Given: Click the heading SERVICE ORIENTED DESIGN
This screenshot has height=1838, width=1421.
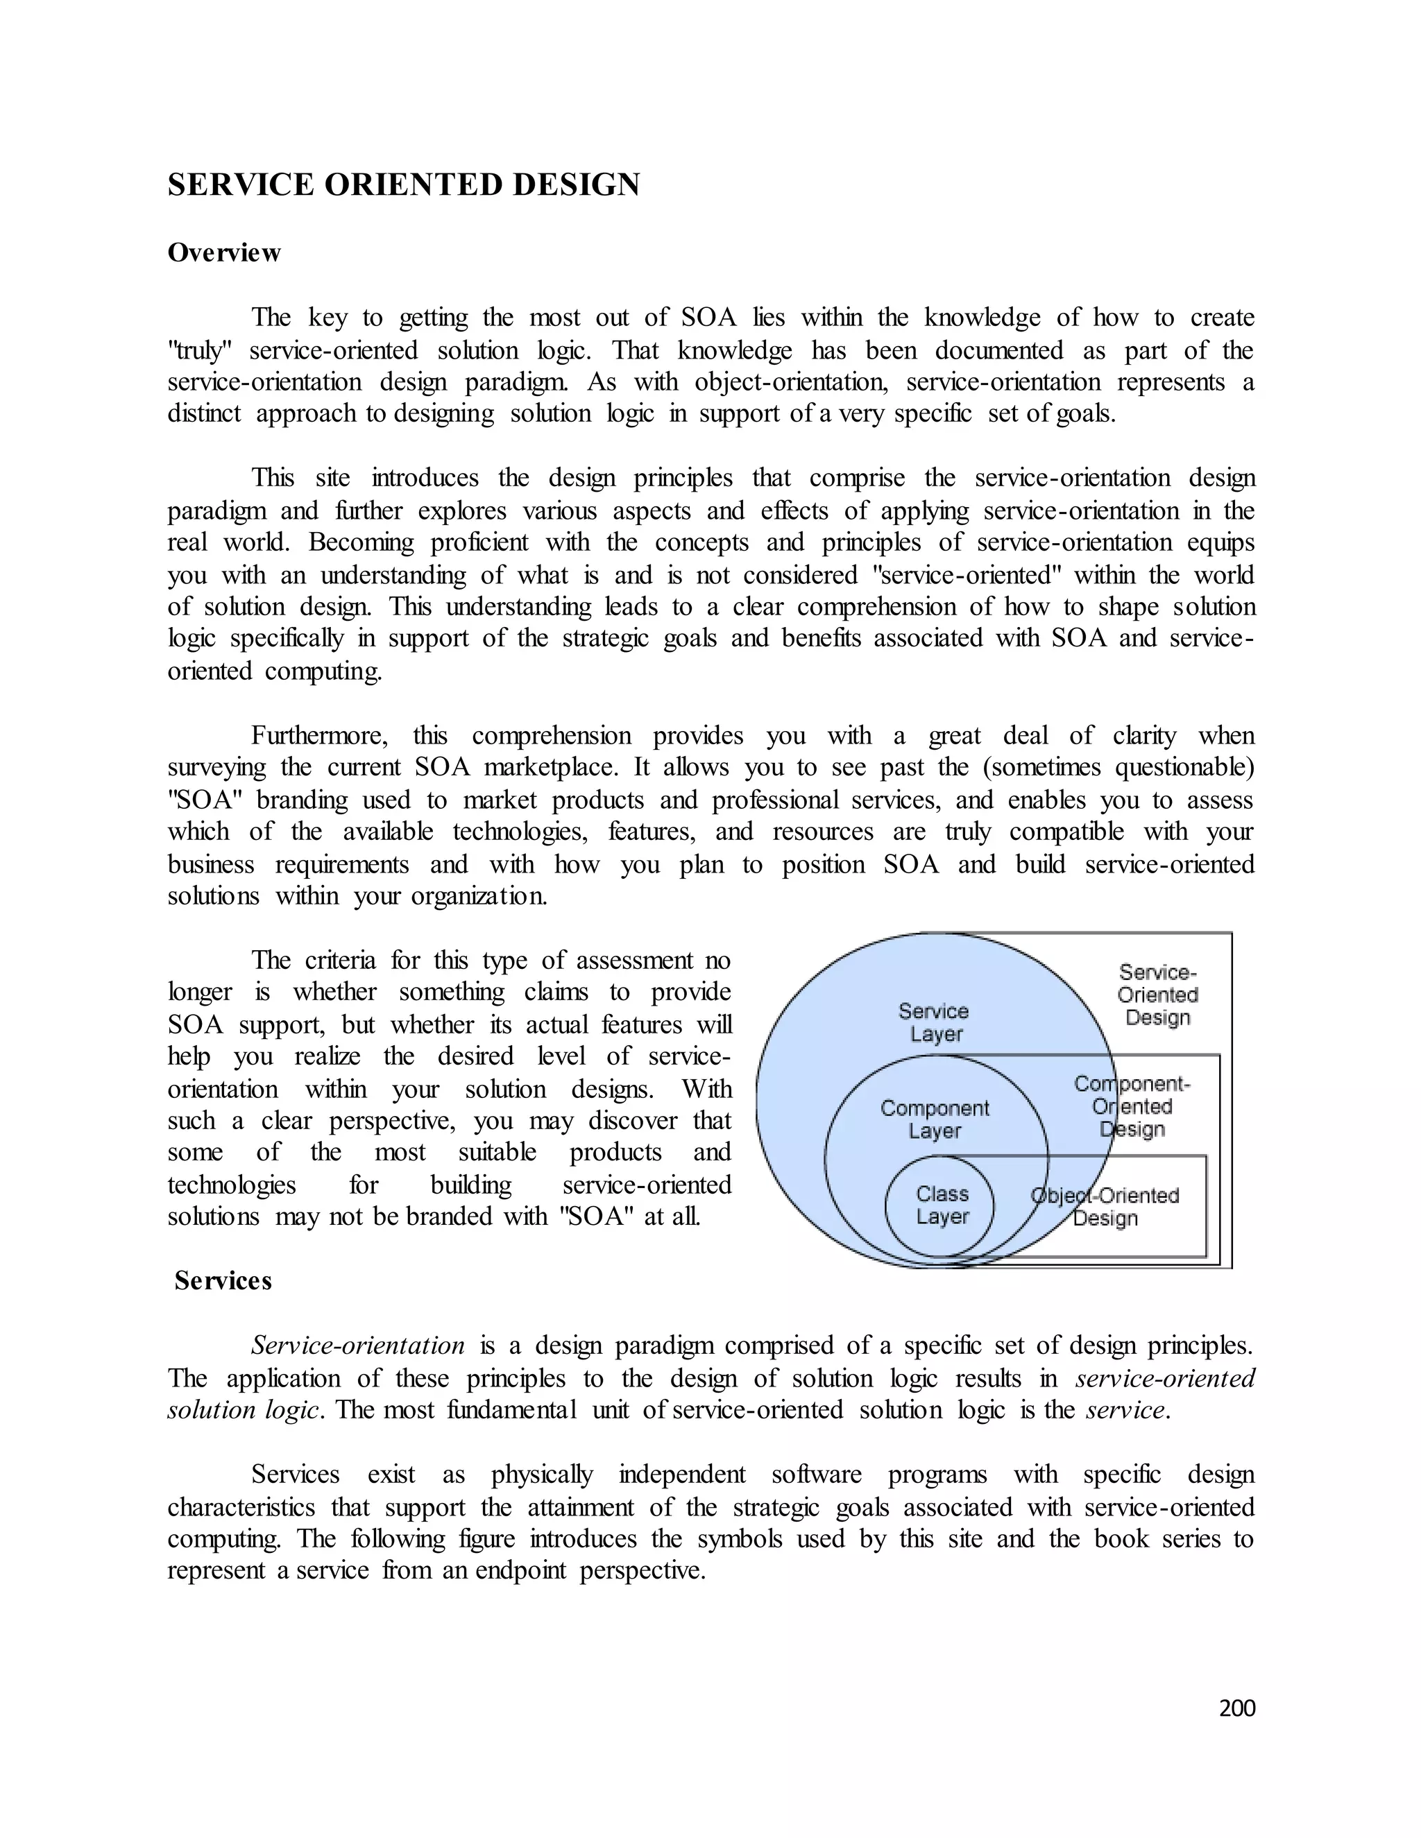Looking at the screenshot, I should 403,185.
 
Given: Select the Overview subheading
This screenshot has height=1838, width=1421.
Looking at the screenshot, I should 224,252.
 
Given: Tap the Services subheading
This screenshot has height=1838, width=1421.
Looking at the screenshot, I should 223,1281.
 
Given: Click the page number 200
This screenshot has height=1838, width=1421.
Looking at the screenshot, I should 1236,1708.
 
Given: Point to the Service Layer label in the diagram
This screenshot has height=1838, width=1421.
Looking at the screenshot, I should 934,1022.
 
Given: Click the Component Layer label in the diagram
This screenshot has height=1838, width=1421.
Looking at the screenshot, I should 935,1119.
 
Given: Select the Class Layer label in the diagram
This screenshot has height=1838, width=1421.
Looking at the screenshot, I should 942,1205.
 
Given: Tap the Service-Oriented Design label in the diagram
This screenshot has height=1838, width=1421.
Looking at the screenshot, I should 1157,995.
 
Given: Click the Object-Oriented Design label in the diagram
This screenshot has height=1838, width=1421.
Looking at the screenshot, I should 1105,1207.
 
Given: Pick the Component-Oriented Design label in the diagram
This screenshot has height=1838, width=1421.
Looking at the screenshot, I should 1132,1107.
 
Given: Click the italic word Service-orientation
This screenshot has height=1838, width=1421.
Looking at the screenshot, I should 358,1346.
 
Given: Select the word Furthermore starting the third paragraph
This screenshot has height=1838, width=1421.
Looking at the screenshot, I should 319,737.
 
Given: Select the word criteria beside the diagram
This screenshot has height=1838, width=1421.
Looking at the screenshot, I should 340,960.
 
